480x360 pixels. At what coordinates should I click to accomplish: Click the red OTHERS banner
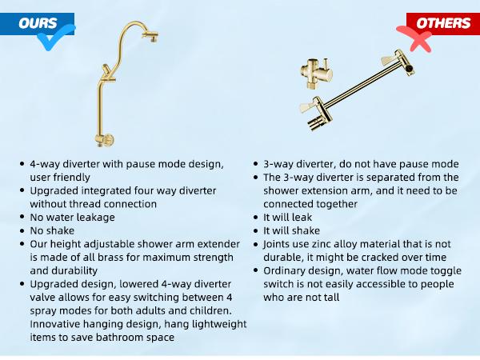[439, 23]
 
